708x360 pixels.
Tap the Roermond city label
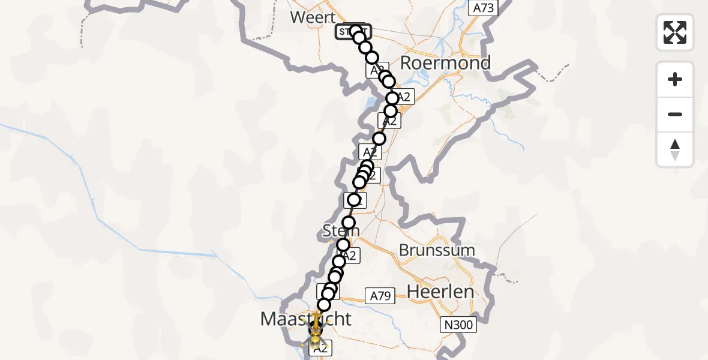[x=445, y=63]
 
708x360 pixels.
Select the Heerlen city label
[x=440, y=292]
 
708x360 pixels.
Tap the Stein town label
[x=341, y=230]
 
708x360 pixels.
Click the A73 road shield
[x=483, y=8]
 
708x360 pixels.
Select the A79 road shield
[x=380, y=296]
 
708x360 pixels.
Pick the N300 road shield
[x=458, y=325]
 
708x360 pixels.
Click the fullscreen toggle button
[x=675, y=32]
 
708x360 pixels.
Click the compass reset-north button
[x=675, y=149]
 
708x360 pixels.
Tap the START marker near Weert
[x=352, y=32]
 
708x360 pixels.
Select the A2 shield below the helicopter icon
[x=320, y=347]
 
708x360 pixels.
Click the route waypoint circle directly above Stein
[x=349, y=223]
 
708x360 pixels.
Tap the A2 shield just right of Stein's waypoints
[x=350, y=256]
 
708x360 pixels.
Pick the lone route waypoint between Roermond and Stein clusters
[x=379, y=139]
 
